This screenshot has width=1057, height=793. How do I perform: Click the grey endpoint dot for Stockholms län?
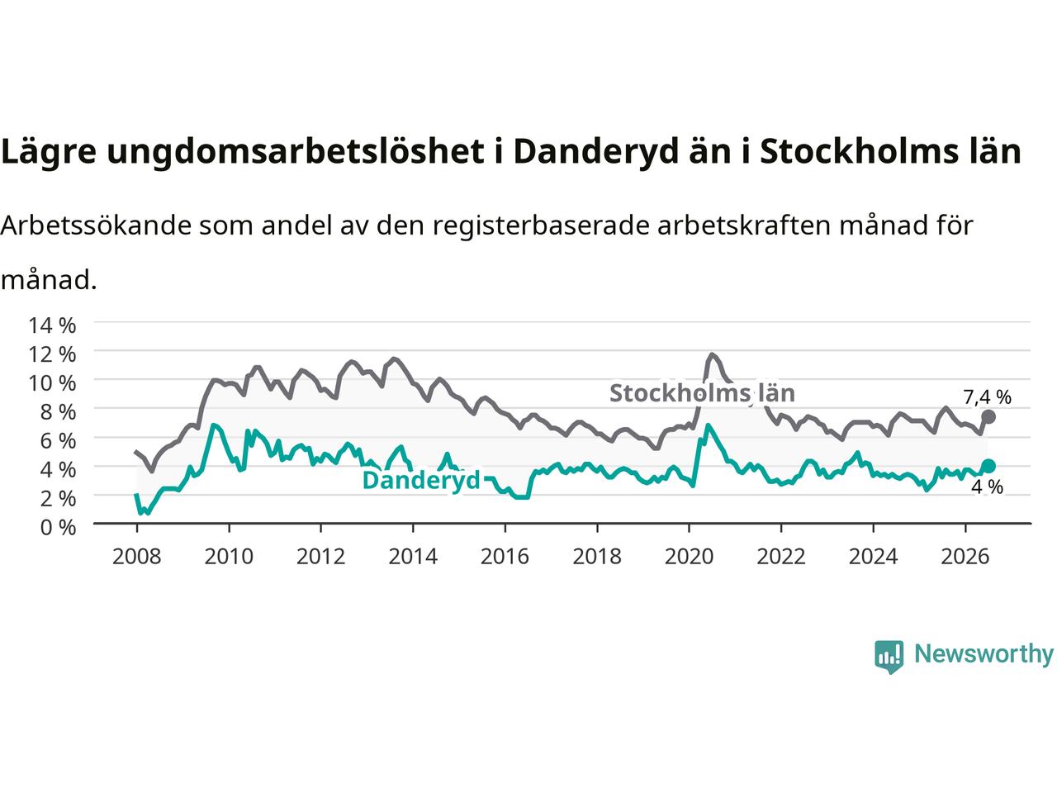pos(988,417)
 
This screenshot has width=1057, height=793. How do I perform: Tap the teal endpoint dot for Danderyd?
pos(988,466)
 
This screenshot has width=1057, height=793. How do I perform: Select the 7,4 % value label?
pos(987,397)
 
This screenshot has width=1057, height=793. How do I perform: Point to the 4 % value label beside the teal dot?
pos(987,487)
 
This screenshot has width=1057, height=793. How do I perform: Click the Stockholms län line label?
pos(702,393)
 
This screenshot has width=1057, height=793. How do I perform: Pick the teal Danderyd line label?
pos(421,480)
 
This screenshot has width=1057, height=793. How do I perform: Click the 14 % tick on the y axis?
pos(52,325)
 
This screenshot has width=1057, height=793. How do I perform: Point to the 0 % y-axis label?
pos(59,528)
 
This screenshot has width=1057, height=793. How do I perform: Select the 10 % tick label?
pos(52,383)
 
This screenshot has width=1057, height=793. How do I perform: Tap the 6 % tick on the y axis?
pos(59,441)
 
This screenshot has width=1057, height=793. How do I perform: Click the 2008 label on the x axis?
pos(137,557)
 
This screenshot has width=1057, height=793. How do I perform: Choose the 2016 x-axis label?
pos(505,557)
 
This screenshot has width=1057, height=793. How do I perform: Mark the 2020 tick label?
pos(689,557)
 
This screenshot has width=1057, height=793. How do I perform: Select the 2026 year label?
pos(965,557)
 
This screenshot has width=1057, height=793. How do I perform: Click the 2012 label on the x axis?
pos(320,557)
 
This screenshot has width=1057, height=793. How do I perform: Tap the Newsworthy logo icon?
pos(889,657)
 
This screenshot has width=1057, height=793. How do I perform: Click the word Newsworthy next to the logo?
pos(984,654)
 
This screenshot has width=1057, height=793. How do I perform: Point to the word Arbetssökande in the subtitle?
pos(96,226)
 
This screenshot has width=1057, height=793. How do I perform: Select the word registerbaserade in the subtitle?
pos(541,226)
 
